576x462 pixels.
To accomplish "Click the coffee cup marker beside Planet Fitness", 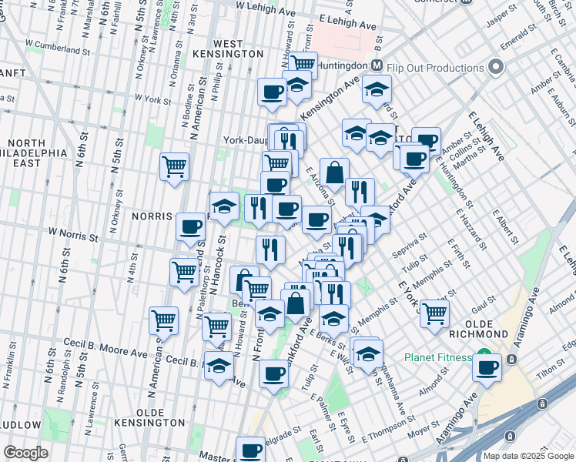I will pyautogui.click(x=487, y=367).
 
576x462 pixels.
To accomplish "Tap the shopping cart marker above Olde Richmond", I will pyautogui.click(x=434, y=313).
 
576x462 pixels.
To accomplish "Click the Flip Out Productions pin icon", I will pyautogui.click(x=495, y=68).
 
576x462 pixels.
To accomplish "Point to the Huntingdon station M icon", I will pyautogui.click(x=377, y=67).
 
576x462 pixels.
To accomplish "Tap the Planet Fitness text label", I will pyautogui.click(x=438, y=357).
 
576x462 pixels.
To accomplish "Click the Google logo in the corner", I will pyautogui.click(x=25, y=452).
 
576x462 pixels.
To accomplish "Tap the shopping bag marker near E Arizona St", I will pyautogui.click(x=334, y=172).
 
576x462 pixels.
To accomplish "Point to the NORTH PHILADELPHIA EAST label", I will pyautogui.click(x=37, y=152).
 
